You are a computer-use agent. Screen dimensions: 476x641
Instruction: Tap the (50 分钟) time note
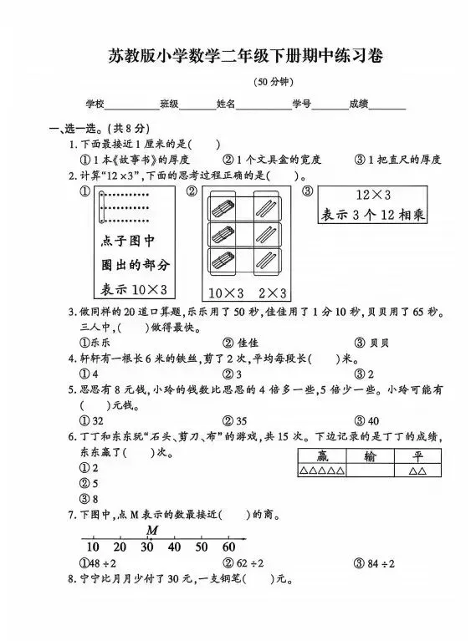tap(273, 81)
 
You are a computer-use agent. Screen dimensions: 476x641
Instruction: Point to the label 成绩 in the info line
tap(359, 104)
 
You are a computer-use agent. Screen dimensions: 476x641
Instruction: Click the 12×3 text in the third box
tap(374, 194)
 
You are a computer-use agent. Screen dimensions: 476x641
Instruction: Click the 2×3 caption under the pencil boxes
tap(272, 293)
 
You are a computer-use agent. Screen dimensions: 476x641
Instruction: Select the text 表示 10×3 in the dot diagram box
tap(135, 289)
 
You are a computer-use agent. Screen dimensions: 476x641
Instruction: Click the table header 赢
tap(320, 456)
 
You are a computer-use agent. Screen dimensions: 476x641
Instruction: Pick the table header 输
tap(370, 456)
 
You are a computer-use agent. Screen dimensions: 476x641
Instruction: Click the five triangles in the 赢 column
tap(320, 471)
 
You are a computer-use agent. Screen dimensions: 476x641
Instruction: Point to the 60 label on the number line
tap(228, 547)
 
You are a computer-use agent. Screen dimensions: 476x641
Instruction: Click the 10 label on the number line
tap(92, 547)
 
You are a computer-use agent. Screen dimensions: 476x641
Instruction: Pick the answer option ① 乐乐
tap(95, 343)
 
